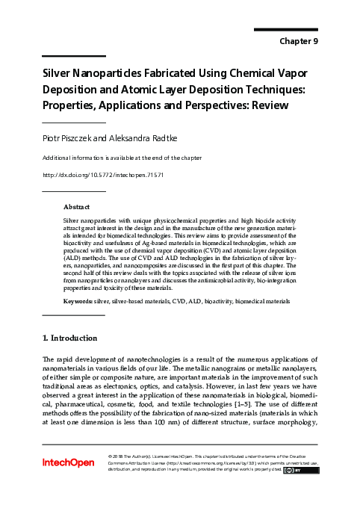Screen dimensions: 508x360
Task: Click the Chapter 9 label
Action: (298, 42)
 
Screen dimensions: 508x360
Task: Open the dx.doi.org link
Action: (102, 175)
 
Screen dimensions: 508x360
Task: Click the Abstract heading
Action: (76, 206)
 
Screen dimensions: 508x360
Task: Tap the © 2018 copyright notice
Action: (120, 456)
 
